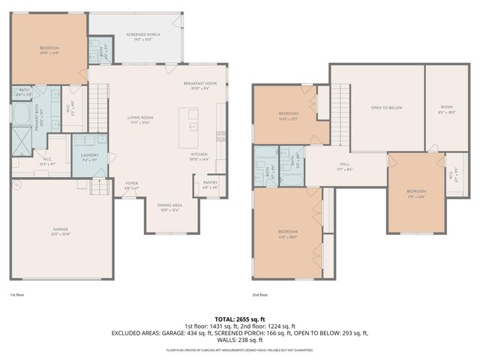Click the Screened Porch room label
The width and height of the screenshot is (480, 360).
(136, 35)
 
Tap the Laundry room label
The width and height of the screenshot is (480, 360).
(91, 157)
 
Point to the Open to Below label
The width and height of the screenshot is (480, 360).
(386, 108)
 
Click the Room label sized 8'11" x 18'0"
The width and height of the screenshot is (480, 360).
(447, 108)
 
